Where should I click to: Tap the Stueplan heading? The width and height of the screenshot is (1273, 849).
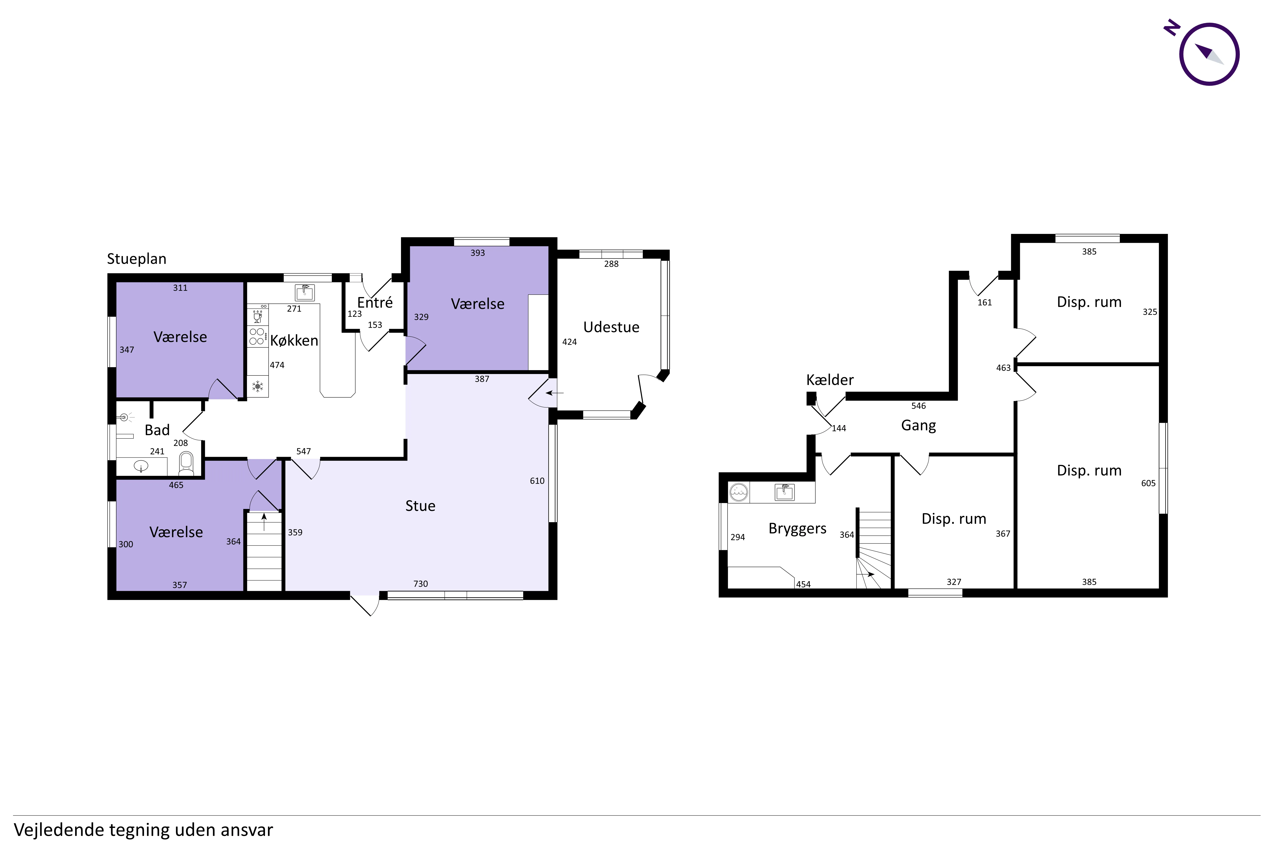click(136, 259)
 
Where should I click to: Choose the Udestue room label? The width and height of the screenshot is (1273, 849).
click(611, 327)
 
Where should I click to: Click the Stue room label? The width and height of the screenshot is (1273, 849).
click(420, 506)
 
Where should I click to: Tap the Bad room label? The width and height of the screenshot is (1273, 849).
click(157, 430)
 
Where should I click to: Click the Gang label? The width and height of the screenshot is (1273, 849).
click(918, 426)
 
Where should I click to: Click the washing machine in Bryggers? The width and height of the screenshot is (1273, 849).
click(739, 492)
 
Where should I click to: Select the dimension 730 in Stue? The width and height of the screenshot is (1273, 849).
click(421, 584)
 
